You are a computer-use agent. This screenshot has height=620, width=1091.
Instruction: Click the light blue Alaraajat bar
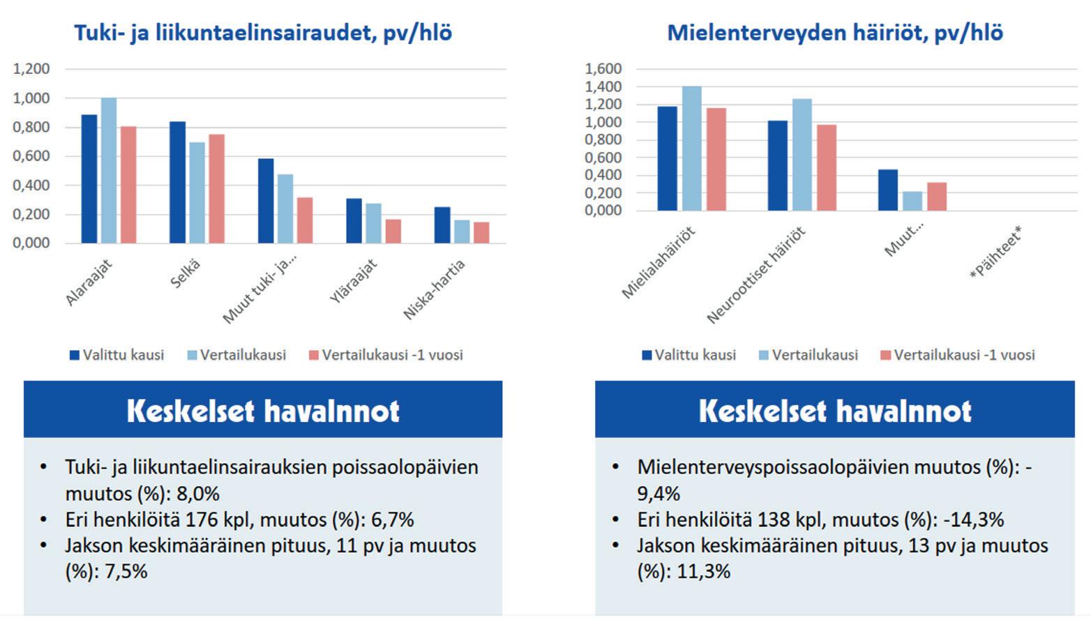click(109, 171)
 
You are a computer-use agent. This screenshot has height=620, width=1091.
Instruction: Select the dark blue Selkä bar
click(178, 183)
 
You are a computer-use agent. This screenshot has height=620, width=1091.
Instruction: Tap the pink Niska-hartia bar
click(481, 232)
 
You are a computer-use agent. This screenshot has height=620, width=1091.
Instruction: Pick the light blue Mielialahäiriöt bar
click(691, 149)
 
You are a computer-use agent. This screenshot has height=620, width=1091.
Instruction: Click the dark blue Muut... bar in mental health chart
click(888, 190)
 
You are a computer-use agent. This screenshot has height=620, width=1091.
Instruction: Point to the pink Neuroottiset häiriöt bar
click(827, 167)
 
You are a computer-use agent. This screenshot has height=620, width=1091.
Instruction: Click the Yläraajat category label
click(354, 281)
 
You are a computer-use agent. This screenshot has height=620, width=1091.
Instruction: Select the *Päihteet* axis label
click(995, 253)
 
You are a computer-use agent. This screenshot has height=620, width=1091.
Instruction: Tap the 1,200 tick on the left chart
click(31, 69)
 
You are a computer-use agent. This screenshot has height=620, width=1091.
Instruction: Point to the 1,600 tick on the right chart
click(603, 69)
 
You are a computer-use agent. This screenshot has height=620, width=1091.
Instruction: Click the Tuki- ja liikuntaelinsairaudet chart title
click(263, 33)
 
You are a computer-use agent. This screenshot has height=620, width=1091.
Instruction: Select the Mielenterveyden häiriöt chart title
click(835, 33)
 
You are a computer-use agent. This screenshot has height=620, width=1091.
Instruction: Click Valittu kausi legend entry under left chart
click(117, 355)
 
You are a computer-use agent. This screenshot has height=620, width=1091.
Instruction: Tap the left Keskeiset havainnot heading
click(263, 411)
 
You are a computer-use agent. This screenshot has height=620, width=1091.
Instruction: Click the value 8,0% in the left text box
click(198, 494)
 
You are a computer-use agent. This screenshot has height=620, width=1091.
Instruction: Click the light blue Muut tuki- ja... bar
click(285, 209)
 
